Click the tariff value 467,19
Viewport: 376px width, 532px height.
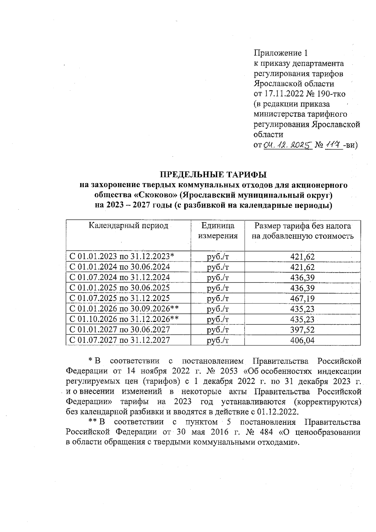[x=302, y=298]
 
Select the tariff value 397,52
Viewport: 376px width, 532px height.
[x=302, y=330]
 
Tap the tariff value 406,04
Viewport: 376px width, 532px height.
[x=302, y=340]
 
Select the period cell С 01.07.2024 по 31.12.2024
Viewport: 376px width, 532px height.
[x=120, y=277]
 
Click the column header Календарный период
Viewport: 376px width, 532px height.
[x=128, y=226]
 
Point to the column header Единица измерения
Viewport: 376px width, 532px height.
[x=218, y=231]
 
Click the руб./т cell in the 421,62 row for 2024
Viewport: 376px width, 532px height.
[x=218, y=267]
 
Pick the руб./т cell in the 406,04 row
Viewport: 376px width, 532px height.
[x=218, y=340]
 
